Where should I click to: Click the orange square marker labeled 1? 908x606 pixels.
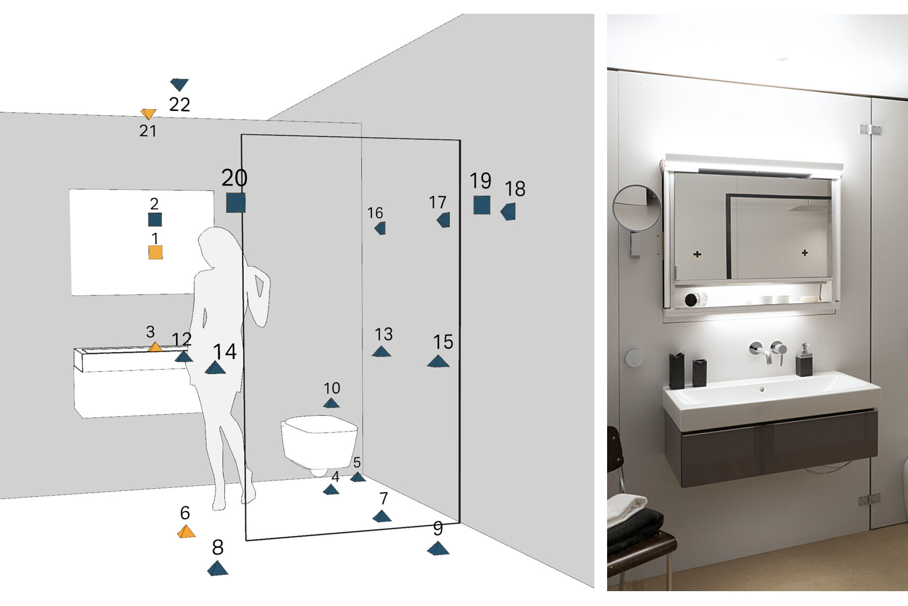pyautogui.click(x=156, y=252)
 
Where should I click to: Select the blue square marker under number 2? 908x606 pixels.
pyautogui.click(x=155, y=219)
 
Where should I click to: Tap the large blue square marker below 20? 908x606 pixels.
pyautogui.click(x=236, y=203)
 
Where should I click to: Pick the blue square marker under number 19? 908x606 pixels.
pyautogui.click(x=482, y=205)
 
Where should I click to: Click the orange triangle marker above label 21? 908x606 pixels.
pyautogui.click(x=148, y=113)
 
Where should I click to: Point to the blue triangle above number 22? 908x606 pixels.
pyautogui.click(x=179, y=84)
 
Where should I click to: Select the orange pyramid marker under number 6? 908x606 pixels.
pyautogui.click(x=186, y=531)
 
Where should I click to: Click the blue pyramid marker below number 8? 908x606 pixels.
pyautogui.click(x=218, y=568)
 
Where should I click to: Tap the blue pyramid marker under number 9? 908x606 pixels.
pyautogui.click(x=438, y=548)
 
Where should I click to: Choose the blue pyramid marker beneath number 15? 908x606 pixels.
pyautogui.click(x=438, y=361)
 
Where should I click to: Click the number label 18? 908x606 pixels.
pyautogui.click(x=515, y=189)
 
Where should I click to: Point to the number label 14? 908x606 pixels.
pyautogui.click(x=225, y=352)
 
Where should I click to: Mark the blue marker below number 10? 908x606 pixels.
pyautogui.click(x=331, y=403)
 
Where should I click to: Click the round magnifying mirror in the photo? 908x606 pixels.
pyautogui.click(x=636, y=208)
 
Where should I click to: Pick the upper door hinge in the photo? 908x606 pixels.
pyautogui.click(x=870, y=130)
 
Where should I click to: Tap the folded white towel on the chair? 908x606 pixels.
pyautogui.click(x=627, y=507)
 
